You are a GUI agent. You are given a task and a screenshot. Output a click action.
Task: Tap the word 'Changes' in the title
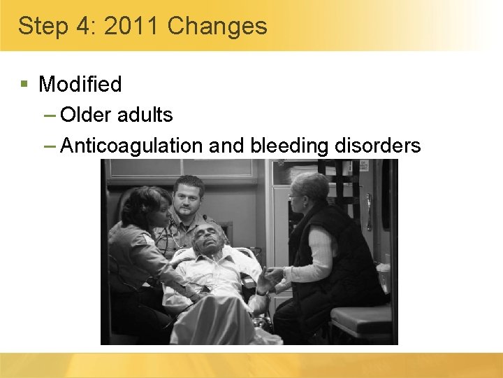pyautogui.click(x=217, y=27)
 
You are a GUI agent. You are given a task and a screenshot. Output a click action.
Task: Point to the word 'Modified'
pyautogui.click(x=80, y=84)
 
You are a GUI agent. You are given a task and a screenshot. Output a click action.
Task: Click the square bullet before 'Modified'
pyautogui.click(x=24, y=84)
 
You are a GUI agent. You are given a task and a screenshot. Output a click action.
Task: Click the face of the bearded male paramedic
pyautogui.click(x=189, y=199)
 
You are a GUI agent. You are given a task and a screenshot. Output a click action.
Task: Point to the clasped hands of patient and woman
pyautogui.click(x=268, y=276)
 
